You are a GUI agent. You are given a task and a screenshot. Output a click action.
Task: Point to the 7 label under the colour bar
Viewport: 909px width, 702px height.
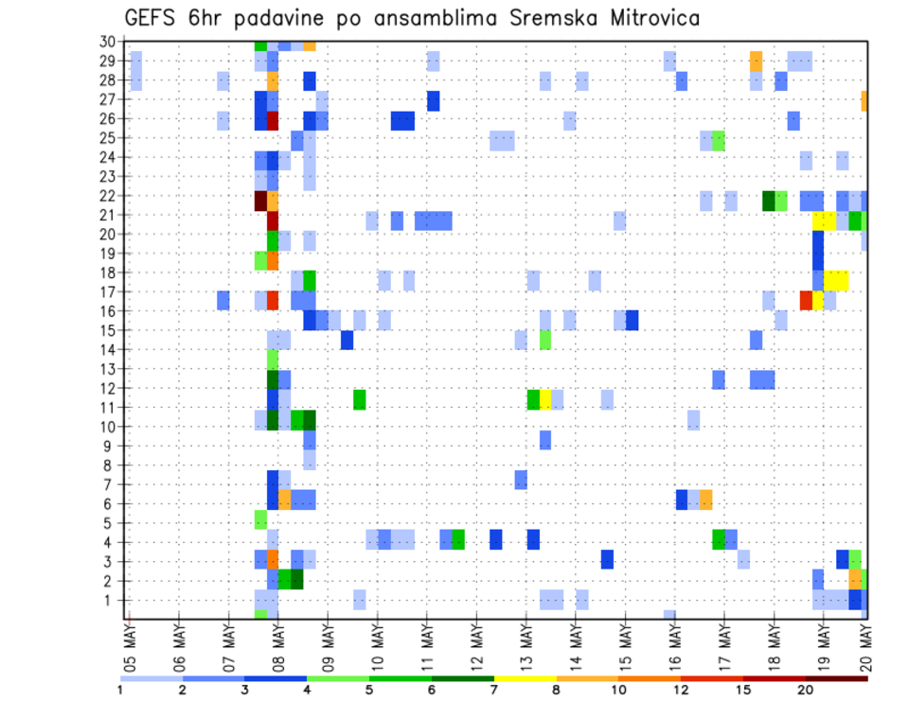point(493,689)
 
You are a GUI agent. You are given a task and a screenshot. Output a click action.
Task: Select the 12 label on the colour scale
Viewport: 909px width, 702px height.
point(681,689)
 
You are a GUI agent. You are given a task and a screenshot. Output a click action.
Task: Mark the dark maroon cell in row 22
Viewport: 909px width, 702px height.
point(260,201)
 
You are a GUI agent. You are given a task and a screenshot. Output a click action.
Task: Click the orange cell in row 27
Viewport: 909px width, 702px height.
point(864,100)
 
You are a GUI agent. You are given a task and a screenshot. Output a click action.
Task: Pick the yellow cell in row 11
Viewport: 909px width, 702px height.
point(545,398)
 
